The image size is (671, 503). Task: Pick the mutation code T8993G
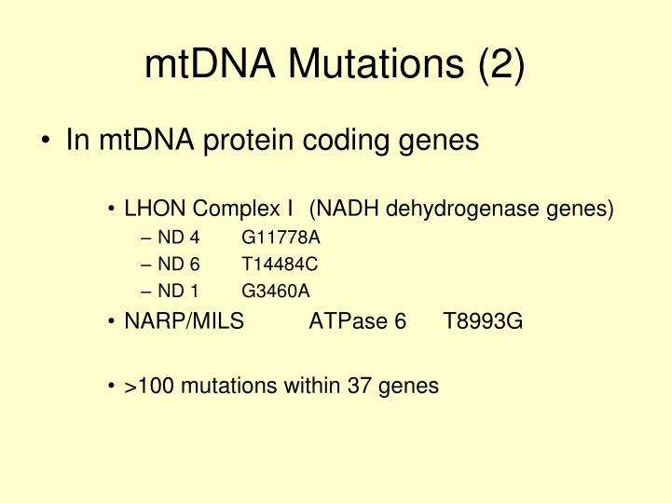[x=484, y=322]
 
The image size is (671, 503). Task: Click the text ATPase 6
[x=358, y=322]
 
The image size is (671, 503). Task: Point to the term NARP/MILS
[x=185, y=322]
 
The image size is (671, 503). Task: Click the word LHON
[x=150, y=209]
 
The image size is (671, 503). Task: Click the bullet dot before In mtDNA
[x=48, y=143]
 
